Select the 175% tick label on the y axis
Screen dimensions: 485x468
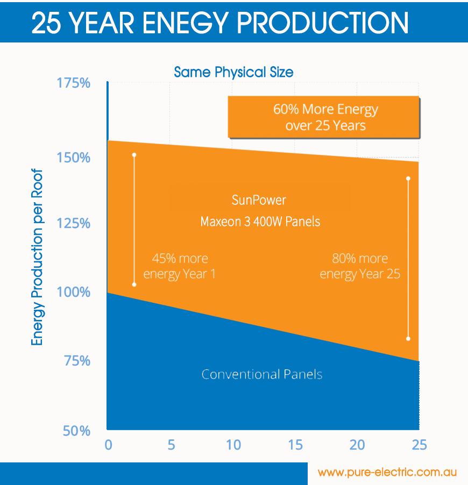tap(73, 84)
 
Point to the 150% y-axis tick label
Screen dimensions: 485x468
tap(73, 158)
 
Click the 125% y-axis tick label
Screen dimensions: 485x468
tap(73, 223)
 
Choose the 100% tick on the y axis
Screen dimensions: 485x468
tap(73, 293)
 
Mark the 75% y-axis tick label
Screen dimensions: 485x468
tap(77, 361)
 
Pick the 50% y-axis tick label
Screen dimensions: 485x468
tap(76, 431)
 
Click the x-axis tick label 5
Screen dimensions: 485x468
tap(171, 445)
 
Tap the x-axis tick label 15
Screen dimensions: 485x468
tap(295, 445)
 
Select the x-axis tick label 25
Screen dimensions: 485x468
tap(419, 445)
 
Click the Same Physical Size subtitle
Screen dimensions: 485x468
tap(234, 72)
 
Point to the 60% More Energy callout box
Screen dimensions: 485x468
tap(323, 117)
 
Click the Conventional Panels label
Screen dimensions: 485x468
tap(262, 374)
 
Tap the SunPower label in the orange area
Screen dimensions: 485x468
tap(259, 201)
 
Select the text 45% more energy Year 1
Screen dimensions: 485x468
tap(179, 266)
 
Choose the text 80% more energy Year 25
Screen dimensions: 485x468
tap(360, 266)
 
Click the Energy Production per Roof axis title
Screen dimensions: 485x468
tap(37, 259)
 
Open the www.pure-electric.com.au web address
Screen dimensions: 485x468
tap(387, 473)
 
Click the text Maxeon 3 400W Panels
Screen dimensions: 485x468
tap(260, 222)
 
